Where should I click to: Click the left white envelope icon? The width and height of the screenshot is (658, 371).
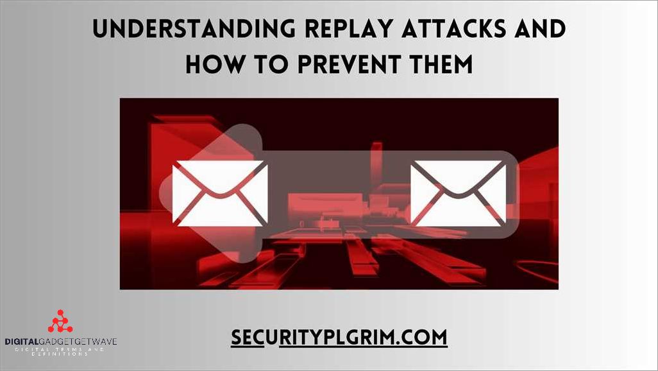point(220,193)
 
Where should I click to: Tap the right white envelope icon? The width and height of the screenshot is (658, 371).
point(459,193)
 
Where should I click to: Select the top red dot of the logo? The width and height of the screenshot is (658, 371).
point(60,313)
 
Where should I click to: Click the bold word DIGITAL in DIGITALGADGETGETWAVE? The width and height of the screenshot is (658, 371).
point(22,341)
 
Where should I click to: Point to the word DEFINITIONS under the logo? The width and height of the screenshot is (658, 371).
point(60,354)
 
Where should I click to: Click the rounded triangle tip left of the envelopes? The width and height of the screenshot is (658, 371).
point(168,193)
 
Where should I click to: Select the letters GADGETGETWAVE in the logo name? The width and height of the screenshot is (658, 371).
point(78,341)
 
